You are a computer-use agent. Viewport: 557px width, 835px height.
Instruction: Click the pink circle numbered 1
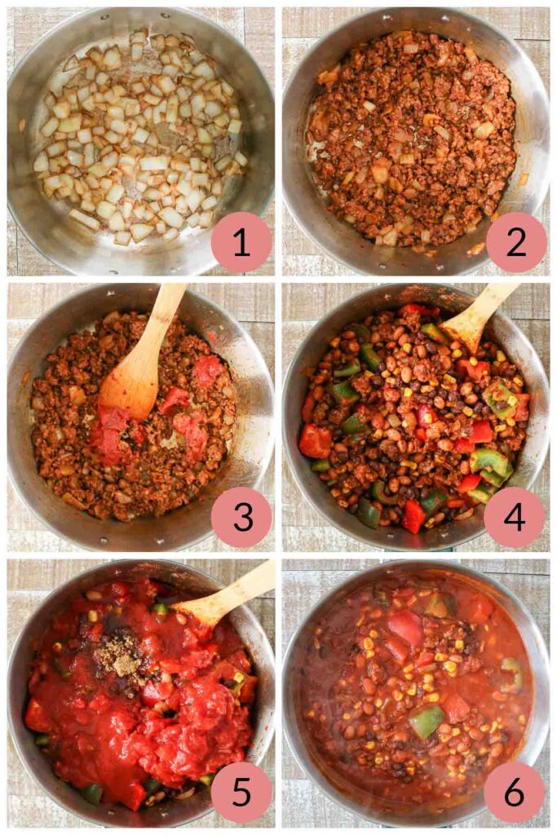(241, 242)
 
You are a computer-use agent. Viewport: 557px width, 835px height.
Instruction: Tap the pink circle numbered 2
(515, 242)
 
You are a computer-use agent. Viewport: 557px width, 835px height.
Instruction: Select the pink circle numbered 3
(241, 517)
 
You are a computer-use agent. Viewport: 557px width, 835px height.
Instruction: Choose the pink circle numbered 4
(515, 517)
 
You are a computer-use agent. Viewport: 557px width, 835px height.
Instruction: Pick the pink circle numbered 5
(241, 792)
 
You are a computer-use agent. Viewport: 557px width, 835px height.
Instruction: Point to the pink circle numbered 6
(515, 792)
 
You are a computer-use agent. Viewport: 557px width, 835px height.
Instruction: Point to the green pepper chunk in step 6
(427, 722)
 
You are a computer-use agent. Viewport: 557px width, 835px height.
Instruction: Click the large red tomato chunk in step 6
(405, 628)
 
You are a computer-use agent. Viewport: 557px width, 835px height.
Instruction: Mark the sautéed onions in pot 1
(139, 139)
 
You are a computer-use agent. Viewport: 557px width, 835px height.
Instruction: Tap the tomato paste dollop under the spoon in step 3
(110, 432)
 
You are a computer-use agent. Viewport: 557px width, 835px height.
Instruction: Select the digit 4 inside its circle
(515, 517)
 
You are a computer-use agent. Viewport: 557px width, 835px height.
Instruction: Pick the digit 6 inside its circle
(515, 792)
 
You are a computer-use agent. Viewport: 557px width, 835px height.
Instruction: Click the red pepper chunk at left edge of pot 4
(315, 441)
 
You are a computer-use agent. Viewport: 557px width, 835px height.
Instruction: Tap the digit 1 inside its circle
(241, 242)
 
